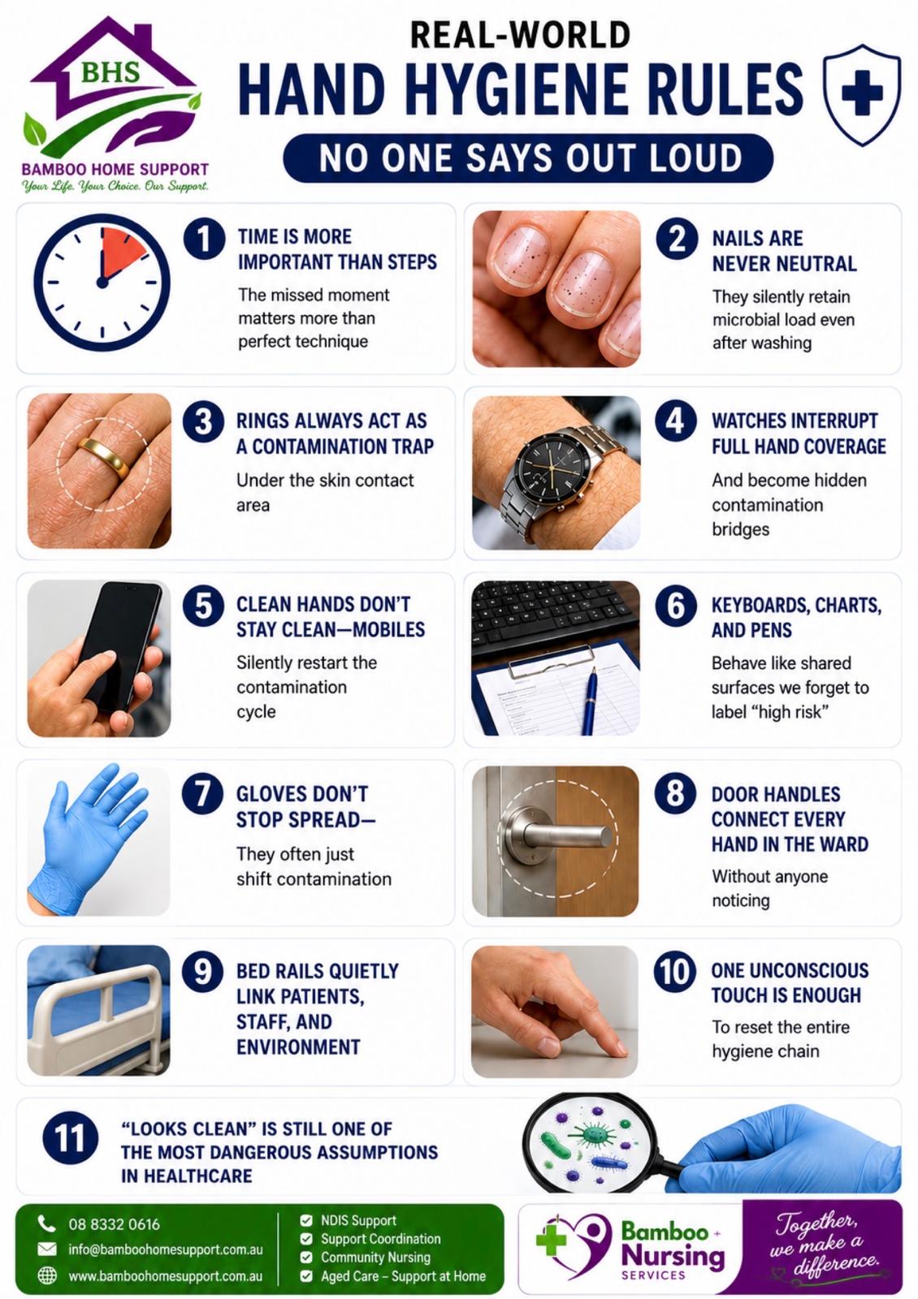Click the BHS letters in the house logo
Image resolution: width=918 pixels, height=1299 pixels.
110,72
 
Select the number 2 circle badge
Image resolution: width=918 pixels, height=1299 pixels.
676,239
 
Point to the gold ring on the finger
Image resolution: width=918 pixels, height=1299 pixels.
105,456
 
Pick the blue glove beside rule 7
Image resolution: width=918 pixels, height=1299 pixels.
87,839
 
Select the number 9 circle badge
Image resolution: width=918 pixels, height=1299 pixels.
202,971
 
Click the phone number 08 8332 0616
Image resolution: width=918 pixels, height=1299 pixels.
114,1224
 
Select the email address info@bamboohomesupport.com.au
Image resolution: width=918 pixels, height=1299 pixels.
166,1249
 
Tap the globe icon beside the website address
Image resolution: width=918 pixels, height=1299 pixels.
47,1275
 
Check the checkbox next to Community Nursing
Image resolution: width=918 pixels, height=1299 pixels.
305,1258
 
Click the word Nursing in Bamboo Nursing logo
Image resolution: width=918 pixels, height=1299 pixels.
673,1257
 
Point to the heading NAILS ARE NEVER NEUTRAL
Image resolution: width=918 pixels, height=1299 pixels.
784,251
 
